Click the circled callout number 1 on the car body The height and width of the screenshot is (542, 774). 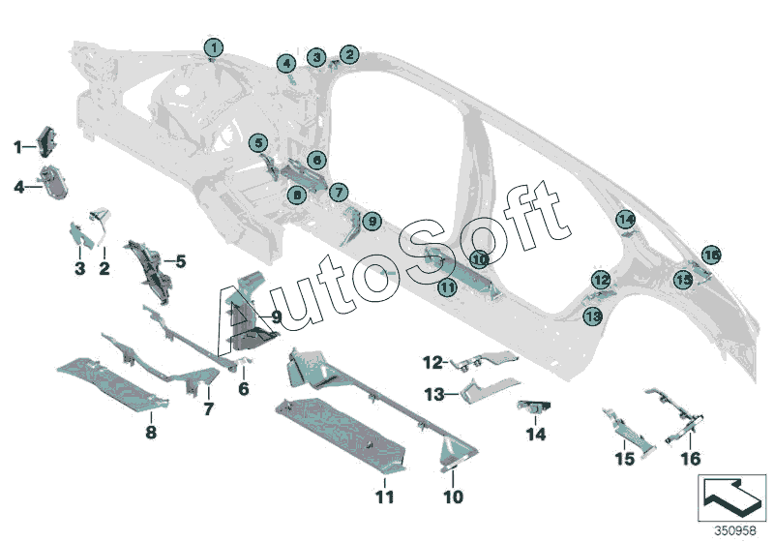coord(214,47)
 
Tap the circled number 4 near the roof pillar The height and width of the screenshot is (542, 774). coord(286,63)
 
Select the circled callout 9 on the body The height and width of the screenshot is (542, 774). coord(372,221)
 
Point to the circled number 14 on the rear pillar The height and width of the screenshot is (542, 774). coord(626,219)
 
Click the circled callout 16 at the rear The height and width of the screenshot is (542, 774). coord(711,256)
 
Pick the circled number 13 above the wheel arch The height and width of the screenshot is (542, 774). coord(593,316)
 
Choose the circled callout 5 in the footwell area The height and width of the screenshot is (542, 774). coord(258,143)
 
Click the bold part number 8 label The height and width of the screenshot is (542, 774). coord(151,433)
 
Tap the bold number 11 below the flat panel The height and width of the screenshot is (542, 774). coord(385,497)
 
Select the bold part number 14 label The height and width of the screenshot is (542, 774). coord(536,435)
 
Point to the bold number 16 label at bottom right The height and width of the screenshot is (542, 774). coord(691,459)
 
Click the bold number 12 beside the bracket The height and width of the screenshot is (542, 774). coord(432,363)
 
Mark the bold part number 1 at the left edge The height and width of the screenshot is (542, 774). coord(17,146)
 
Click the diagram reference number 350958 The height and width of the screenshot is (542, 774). coord(735,531)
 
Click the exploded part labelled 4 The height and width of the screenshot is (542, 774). coord(54,182)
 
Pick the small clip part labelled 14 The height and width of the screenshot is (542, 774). coord(534,406)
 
